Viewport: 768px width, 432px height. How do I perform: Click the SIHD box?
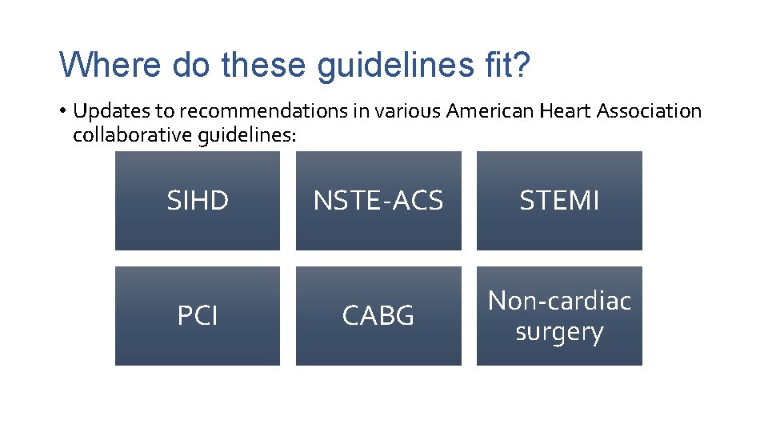click(x=198, y=201)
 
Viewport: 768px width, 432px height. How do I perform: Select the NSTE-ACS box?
click(x=378, y=201)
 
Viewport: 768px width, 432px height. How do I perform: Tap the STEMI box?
click(x=559, y=201)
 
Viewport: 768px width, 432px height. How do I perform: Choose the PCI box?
click(x=198, y=316)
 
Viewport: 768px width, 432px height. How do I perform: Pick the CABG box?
click(x=378, y=316)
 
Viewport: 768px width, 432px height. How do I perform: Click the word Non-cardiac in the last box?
click(x=559, y=301)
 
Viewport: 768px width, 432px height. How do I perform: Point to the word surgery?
click(x=559, y=331)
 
